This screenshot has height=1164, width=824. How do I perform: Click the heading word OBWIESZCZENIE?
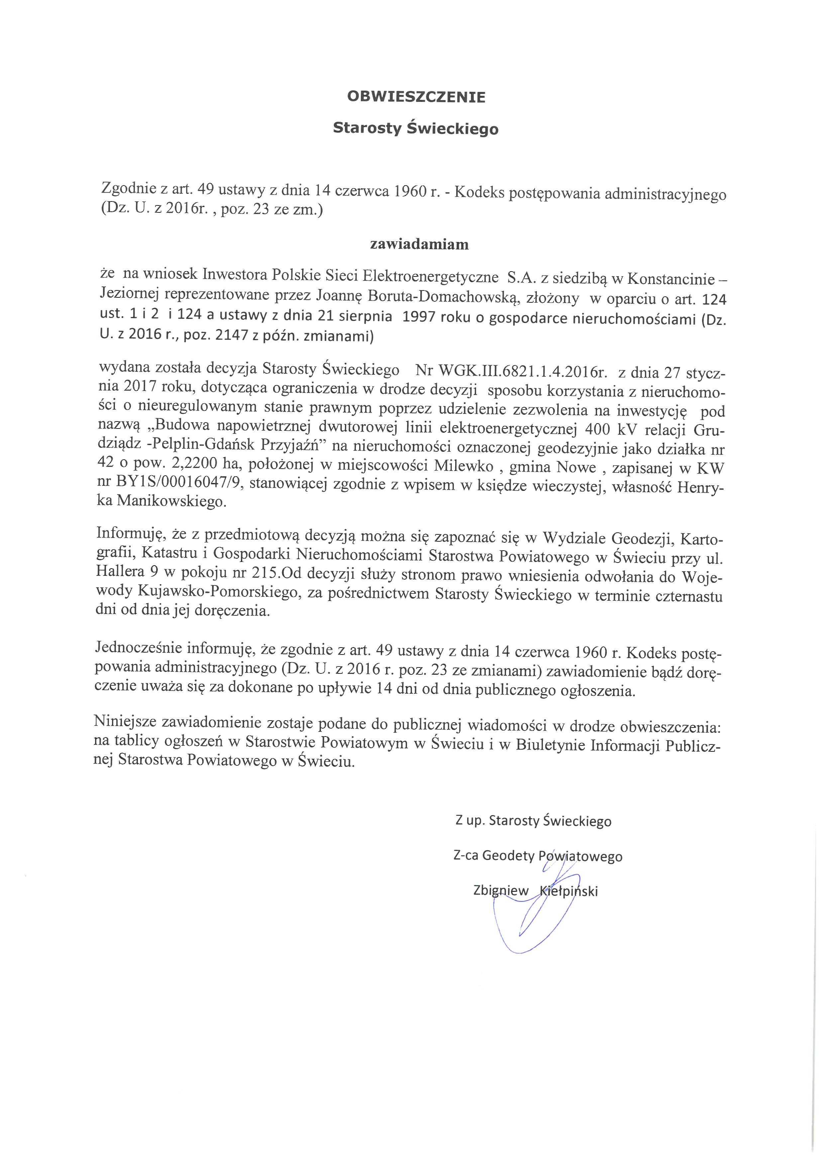pos(416,97)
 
